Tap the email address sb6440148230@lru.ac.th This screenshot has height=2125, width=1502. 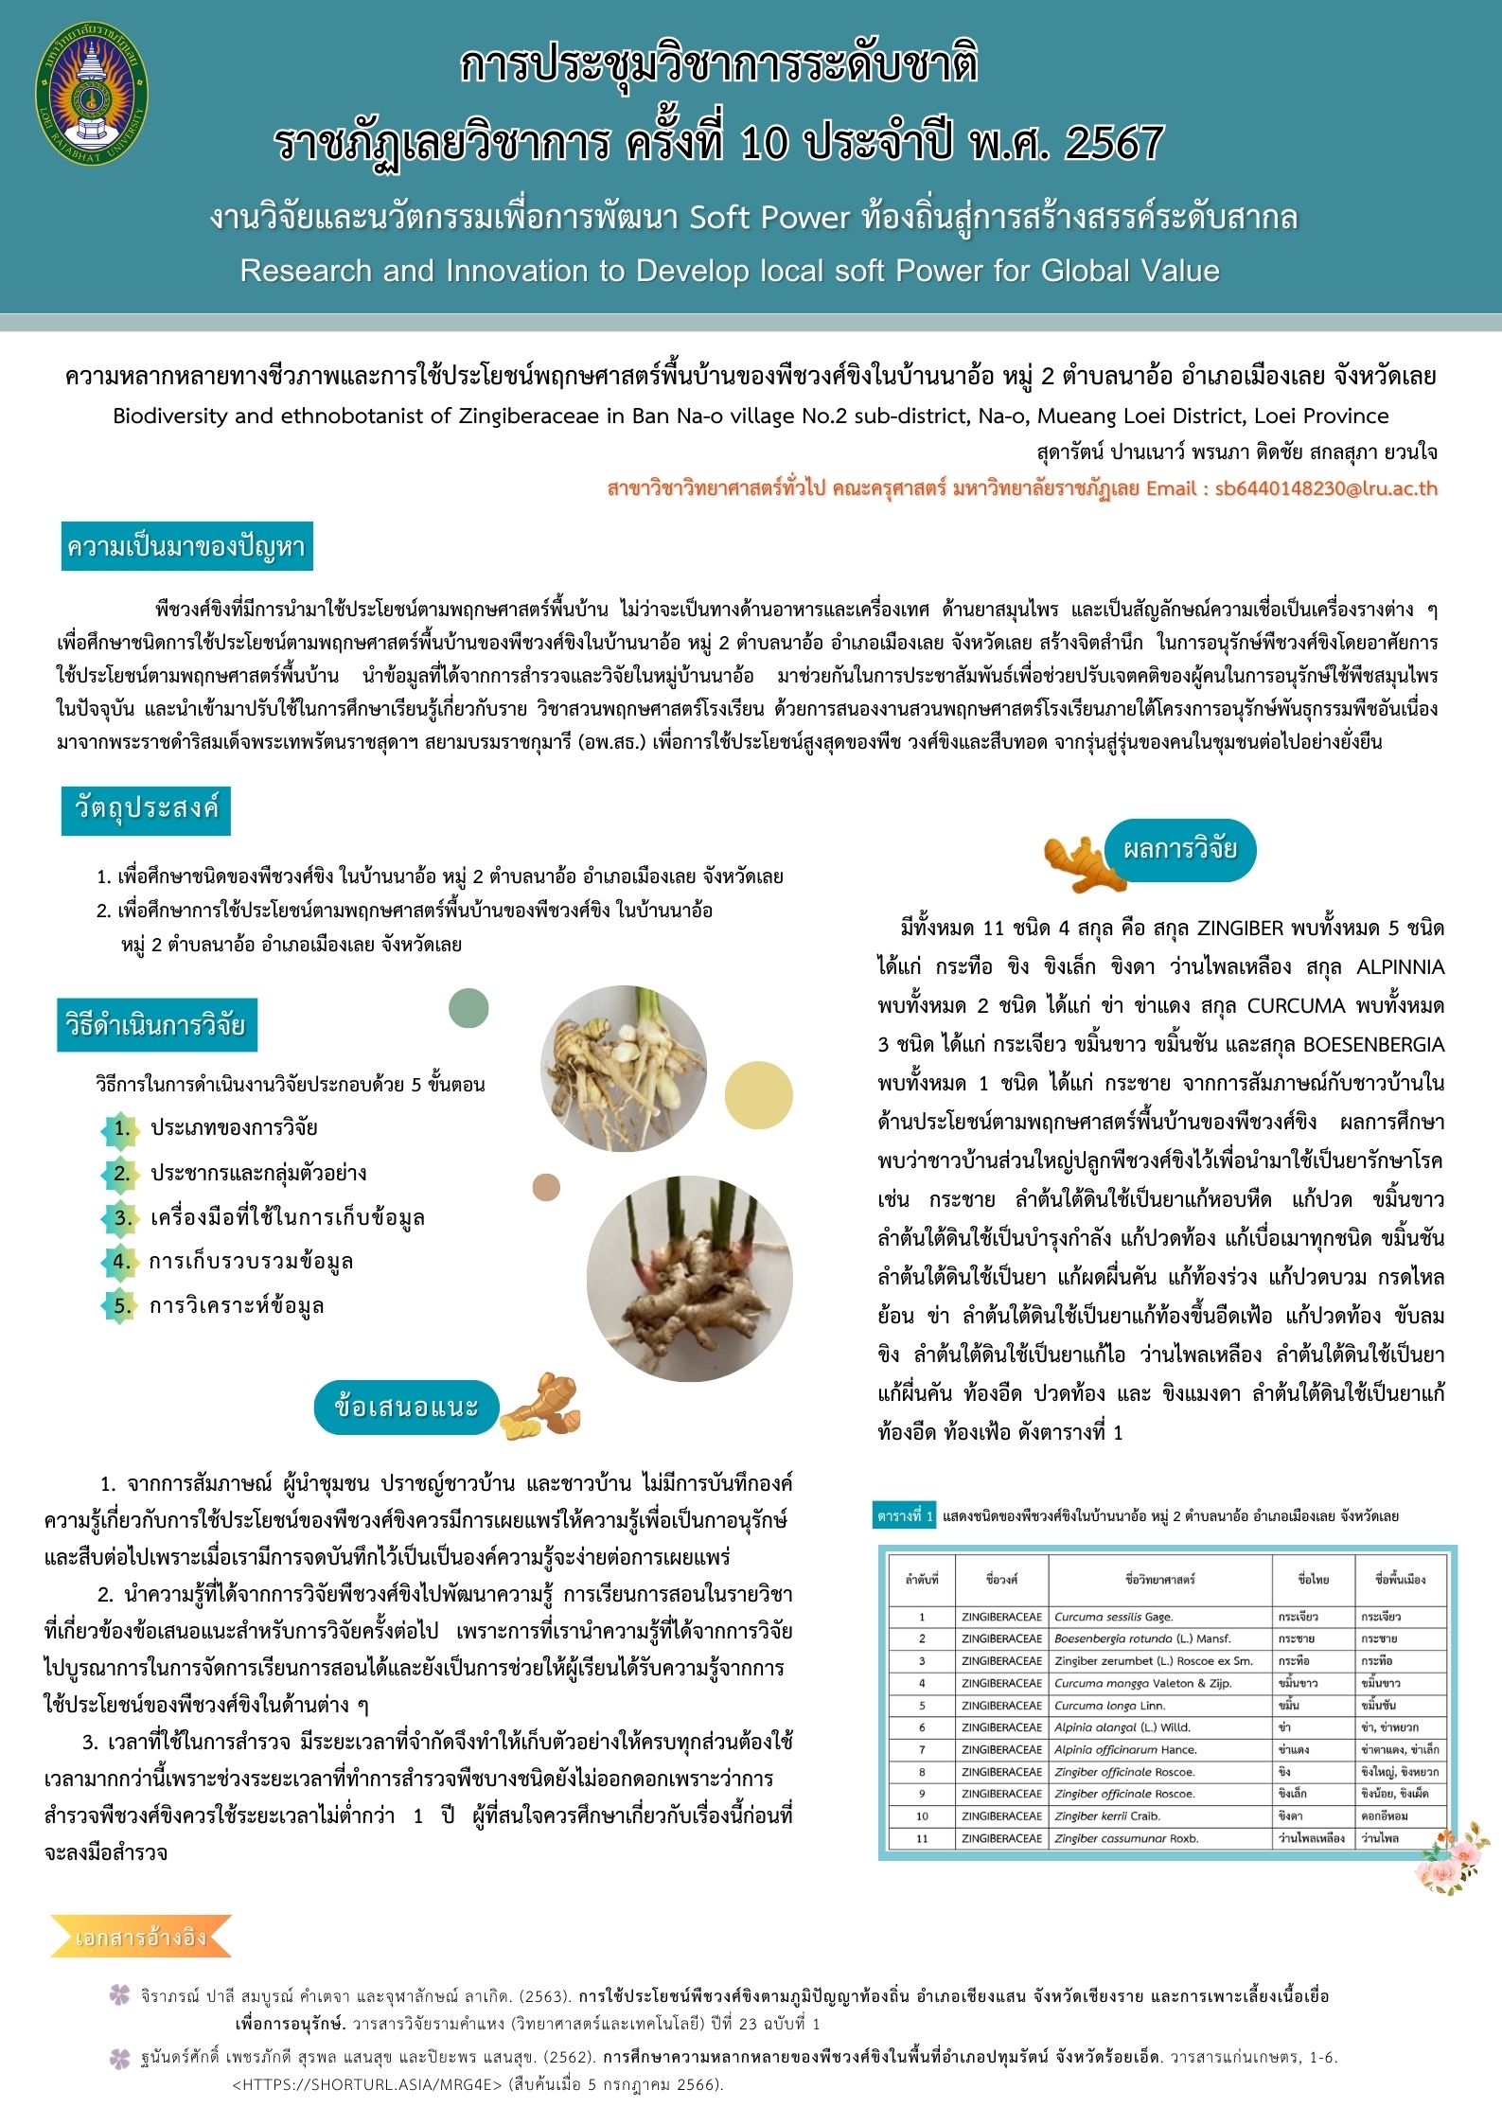(x=1326, y=489)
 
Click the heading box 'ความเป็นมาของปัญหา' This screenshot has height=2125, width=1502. (x=186, y=547)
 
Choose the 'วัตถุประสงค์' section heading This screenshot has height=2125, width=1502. (x=146, y=809)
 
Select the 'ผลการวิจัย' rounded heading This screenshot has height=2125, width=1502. (x=1179, y=849)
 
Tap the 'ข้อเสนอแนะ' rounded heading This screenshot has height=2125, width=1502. (x=406, y=1407)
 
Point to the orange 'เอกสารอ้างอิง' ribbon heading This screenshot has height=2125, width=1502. (x=140, y=1937)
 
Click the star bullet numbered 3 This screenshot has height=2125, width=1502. (x=121, y=1217)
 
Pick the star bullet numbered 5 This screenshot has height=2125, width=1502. (x=121, y=1306)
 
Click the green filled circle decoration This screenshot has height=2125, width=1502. (x=468, y=1007)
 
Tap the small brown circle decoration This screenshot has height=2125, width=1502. (x=546, y=1187)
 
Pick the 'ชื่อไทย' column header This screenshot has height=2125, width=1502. (x=1314, y=1579)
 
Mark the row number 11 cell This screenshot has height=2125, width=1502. (x=921, y=1838)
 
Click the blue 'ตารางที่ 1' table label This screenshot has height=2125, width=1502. (x=905, y=1515)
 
